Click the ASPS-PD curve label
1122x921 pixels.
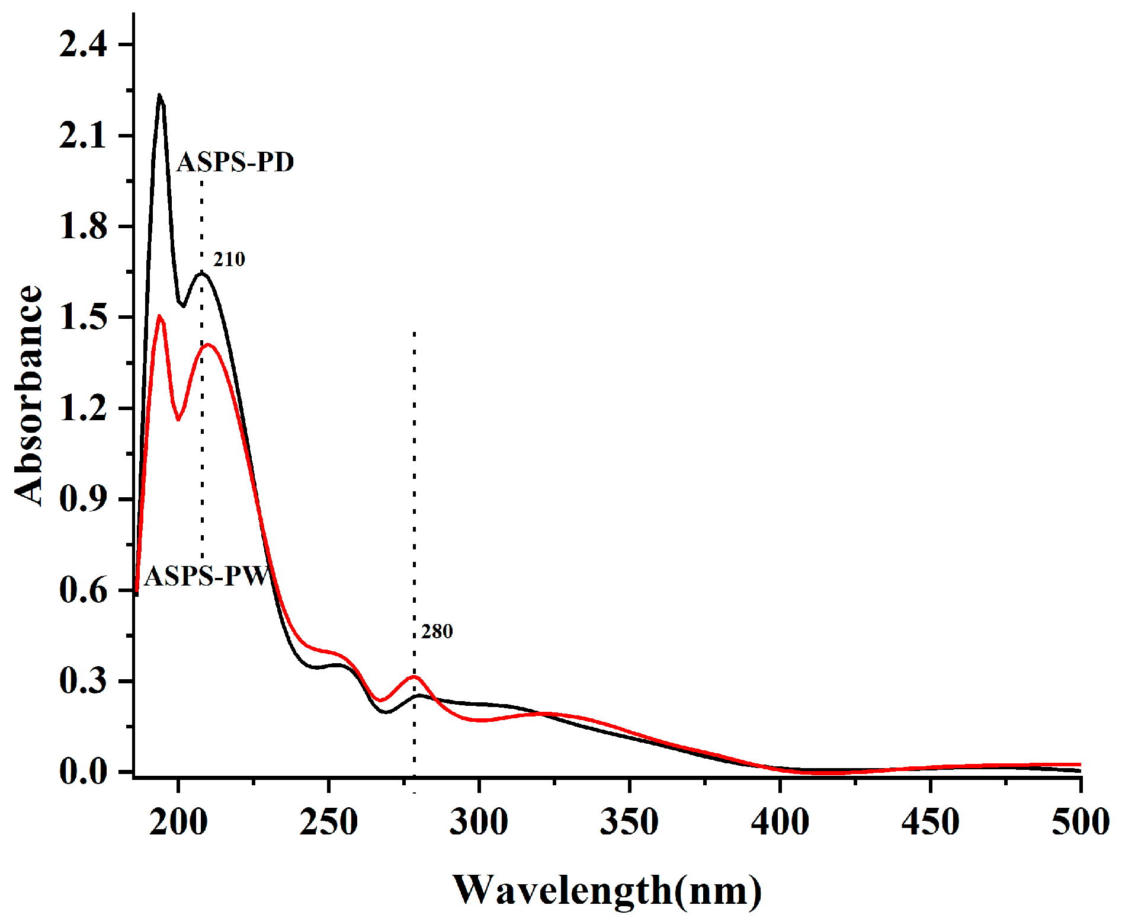[x=235, y=162]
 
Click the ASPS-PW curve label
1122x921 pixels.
[x=207, y=575]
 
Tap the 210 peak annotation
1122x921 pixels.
[x=229, y=259]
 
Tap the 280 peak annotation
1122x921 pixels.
[x=437, y=631]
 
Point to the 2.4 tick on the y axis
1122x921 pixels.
[x=83, y=44]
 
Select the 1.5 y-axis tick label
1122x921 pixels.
[x=83, y=318]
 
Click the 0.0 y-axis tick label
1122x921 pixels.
[x=83, y=771]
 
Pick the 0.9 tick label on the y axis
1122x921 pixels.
[x=83, y=499]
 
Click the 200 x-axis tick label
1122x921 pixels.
[x=178, y=821]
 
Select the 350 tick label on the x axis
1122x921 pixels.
[x=629, y=821]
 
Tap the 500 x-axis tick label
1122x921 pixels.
[x=1080, y=821]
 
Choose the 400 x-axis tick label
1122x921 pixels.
[x=780, y=821]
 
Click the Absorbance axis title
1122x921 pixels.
[x=28, y=395]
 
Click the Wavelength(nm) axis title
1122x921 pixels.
[x=607, y=890]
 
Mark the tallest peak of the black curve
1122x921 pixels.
[x=159, y=95]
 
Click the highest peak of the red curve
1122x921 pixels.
[x=159, y=316]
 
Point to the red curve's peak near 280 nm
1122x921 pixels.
[x=414, y=676]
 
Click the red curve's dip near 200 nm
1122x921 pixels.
[x=178, y=420]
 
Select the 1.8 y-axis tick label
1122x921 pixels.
[x=83, y=226]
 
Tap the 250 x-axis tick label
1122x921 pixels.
[x=328, y=821]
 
